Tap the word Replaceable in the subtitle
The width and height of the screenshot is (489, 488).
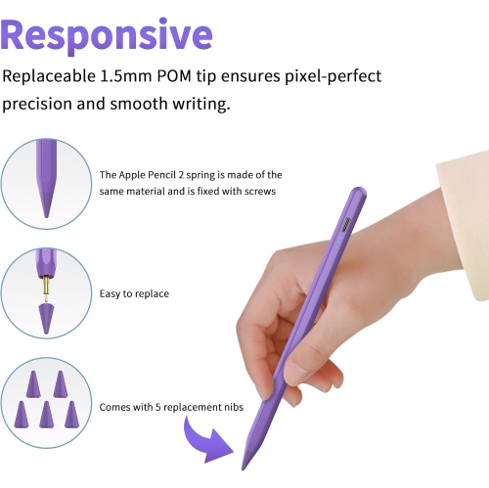point(49,76)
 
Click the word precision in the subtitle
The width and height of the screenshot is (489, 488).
point(40,104)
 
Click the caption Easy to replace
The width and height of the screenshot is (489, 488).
point(135,293)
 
